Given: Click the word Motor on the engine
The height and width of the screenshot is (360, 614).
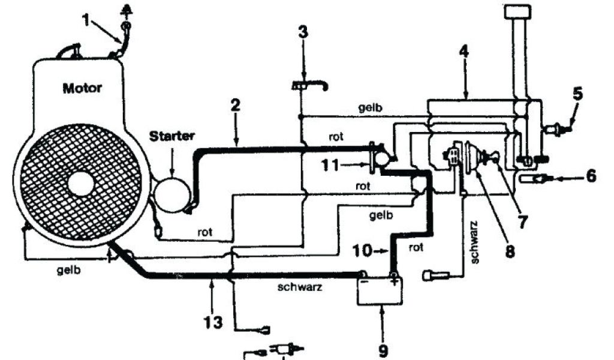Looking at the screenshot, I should click(82, 88).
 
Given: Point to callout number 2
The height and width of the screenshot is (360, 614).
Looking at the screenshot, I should click(235, 106).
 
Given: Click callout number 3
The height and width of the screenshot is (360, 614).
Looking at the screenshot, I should click(303, 31).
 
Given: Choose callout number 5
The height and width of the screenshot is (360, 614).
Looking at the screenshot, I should click(577, 94).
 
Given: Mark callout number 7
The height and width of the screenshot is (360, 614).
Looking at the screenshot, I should click(522, 222).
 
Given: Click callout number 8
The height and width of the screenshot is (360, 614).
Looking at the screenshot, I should click(509, 250).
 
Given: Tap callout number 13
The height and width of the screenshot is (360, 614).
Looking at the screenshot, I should click(213, 322).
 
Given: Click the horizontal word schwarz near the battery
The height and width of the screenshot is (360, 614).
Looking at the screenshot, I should click(300, 287).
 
